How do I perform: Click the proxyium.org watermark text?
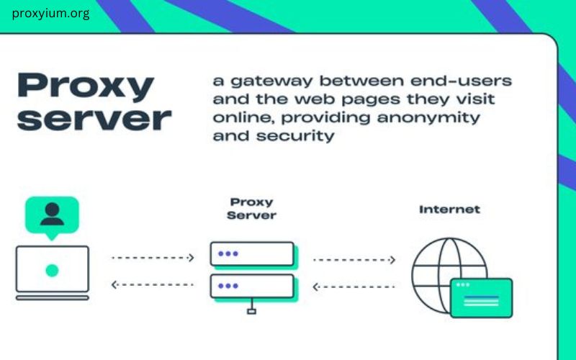pyautogui.click(x=51, y=14)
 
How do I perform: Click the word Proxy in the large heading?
pyautogui.click(x=86, y=87)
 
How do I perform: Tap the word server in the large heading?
pyautogui.click(x=94, y=118)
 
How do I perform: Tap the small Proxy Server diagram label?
pyautogui.click(x=251, y=209)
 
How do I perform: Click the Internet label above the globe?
pyautogui.click(x=449, y=210)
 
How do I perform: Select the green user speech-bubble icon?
pyautogui.click(x=51, y=215)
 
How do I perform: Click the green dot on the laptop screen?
pyautogui.click(x=52, y=270)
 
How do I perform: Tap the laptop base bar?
pyautogui.click(x=53, y=297)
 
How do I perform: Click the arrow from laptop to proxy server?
pyautogui.click(x=153, y=257)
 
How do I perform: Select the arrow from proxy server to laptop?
pyautogui.click(x=153, y=285)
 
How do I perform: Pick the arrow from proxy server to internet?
pyautogui.click(x=355, y=258)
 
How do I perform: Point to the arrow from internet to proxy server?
pyautogui.click(x=355, y=287)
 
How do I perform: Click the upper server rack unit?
pyautogui.click(x=252, y=254)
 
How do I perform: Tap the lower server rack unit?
pyautogui.click(x=252, y=286)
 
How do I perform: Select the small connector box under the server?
pyautogui.click(x=251, y=311)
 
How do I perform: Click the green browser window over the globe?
pyautogui.click(x=481, y=297)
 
